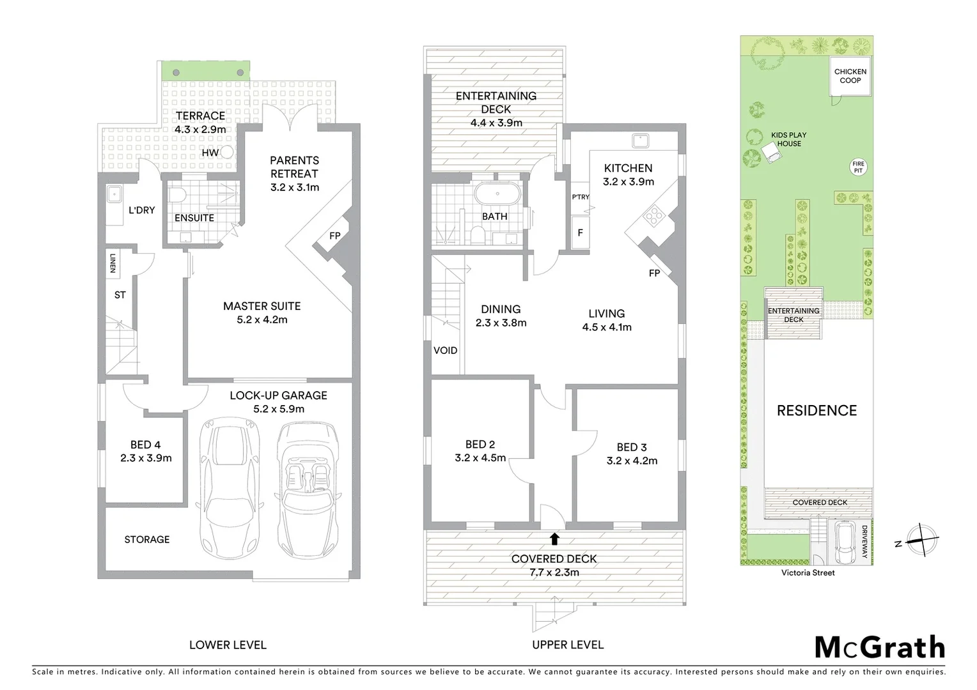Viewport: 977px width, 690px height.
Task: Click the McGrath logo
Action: click(880, 648)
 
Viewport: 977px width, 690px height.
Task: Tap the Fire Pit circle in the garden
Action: click(858, 167)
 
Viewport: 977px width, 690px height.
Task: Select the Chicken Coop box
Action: click(850, 76)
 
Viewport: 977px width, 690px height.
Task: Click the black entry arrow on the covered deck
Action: click(554, 539)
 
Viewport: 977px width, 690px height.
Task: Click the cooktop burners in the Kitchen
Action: click(654, 217)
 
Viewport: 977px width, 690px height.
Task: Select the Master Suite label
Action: click(262, 312)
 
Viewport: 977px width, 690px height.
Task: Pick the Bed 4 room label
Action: click(146, 451)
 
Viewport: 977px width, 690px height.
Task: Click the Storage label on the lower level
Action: click(147, 540)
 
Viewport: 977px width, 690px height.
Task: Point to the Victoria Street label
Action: click(808, 573)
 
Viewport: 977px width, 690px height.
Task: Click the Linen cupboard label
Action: click(113, 263)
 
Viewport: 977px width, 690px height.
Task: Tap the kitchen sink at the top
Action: click(639, 140)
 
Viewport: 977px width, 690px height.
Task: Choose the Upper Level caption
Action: click(568, 645)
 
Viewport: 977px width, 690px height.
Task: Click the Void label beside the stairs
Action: click(446, 351)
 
